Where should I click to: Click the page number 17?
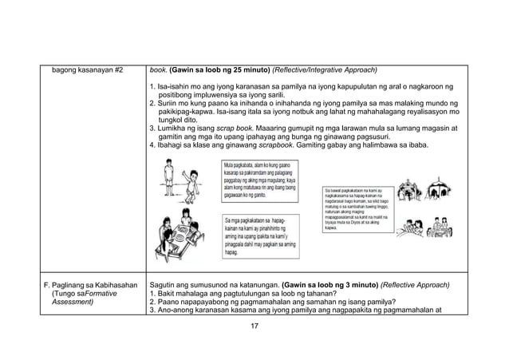coord(254,329)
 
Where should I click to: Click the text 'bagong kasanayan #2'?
coord(87,69)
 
